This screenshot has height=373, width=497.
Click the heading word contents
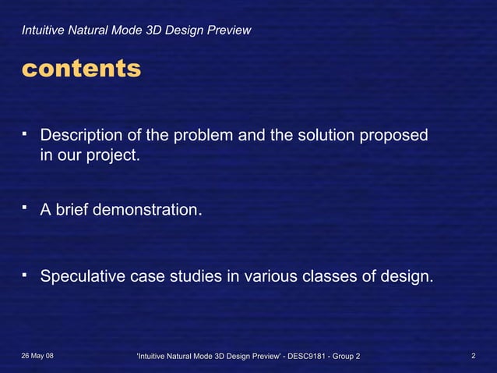[x=81, y=69]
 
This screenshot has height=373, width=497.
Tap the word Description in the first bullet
[x=83, y=136]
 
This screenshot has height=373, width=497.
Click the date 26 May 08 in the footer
[x=37, y=357]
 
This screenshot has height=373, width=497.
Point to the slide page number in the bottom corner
[x=474, y=357]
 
